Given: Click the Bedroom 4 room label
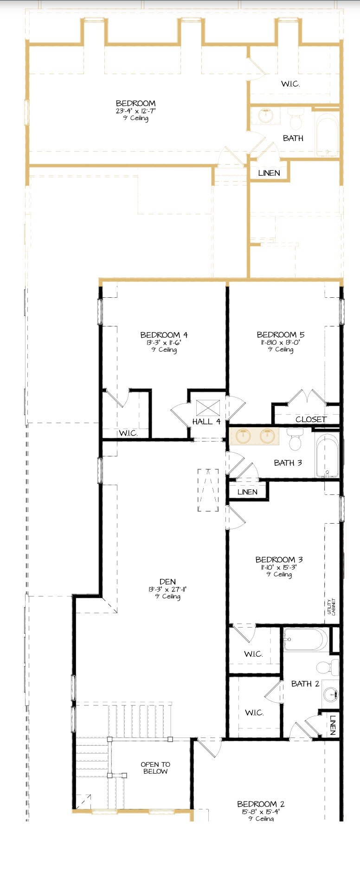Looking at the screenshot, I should (x=164, y=335).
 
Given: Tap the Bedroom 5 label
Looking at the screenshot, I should (x=280, y=334).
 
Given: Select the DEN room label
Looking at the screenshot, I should (x=167, y=582).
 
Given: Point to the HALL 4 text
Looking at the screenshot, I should (x=206, y=422).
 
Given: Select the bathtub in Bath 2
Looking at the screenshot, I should (x=306, y=640).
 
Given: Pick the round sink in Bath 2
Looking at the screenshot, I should (x=330, y=694).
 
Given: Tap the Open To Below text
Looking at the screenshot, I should (x=155, y=768).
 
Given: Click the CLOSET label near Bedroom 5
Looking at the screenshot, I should (x=311, y=419).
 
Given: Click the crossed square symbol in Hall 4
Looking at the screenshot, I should (x=208, y=408).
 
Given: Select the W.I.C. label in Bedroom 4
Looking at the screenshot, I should (x=128, y=433).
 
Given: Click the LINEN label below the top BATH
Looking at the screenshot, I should (x=269, y=173).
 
